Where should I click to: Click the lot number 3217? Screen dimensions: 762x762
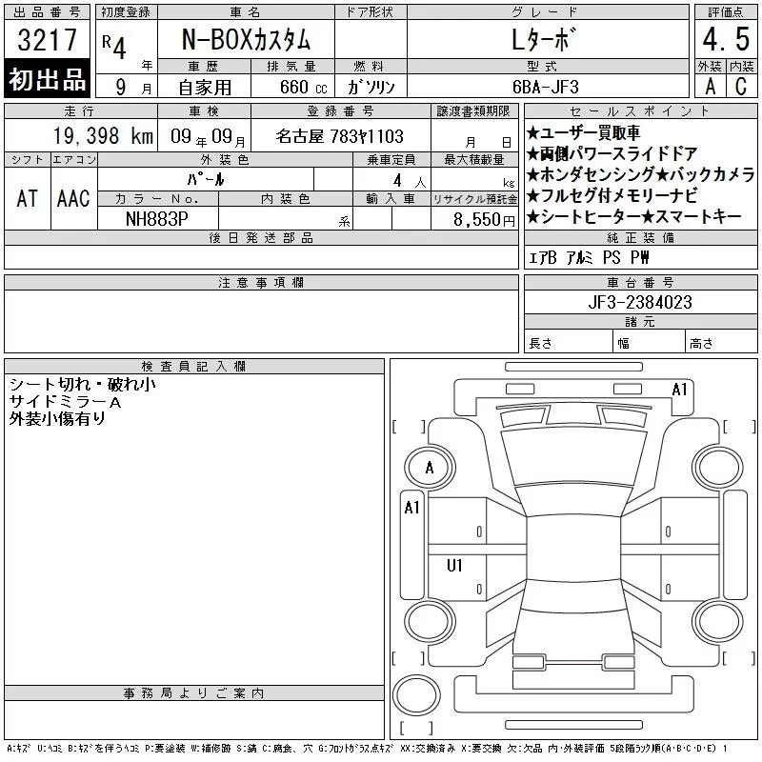[x=47, y=39]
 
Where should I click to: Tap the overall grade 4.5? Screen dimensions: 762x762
[x=726, y=39]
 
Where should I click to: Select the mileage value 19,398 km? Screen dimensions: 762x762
[x=103, y=136]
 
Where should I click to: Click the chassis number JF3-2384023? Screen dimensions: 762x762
[x=640, y=302]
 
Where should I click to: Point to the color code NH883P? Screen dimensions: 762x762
[x=157, y=219]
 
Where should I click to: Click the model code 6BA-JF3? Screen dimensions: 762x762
[x=546, y=87]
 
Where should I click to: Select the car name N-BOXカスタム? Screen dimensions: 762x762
[x=246, y=39]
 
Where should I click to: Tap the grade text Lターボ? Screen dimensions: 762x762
[x=541, y=39]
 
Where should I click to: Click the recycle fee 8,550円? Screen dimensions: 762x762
[x=484, y=220]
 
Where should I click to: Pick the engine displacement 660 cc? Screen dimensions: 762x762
[x=303, y=88]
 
